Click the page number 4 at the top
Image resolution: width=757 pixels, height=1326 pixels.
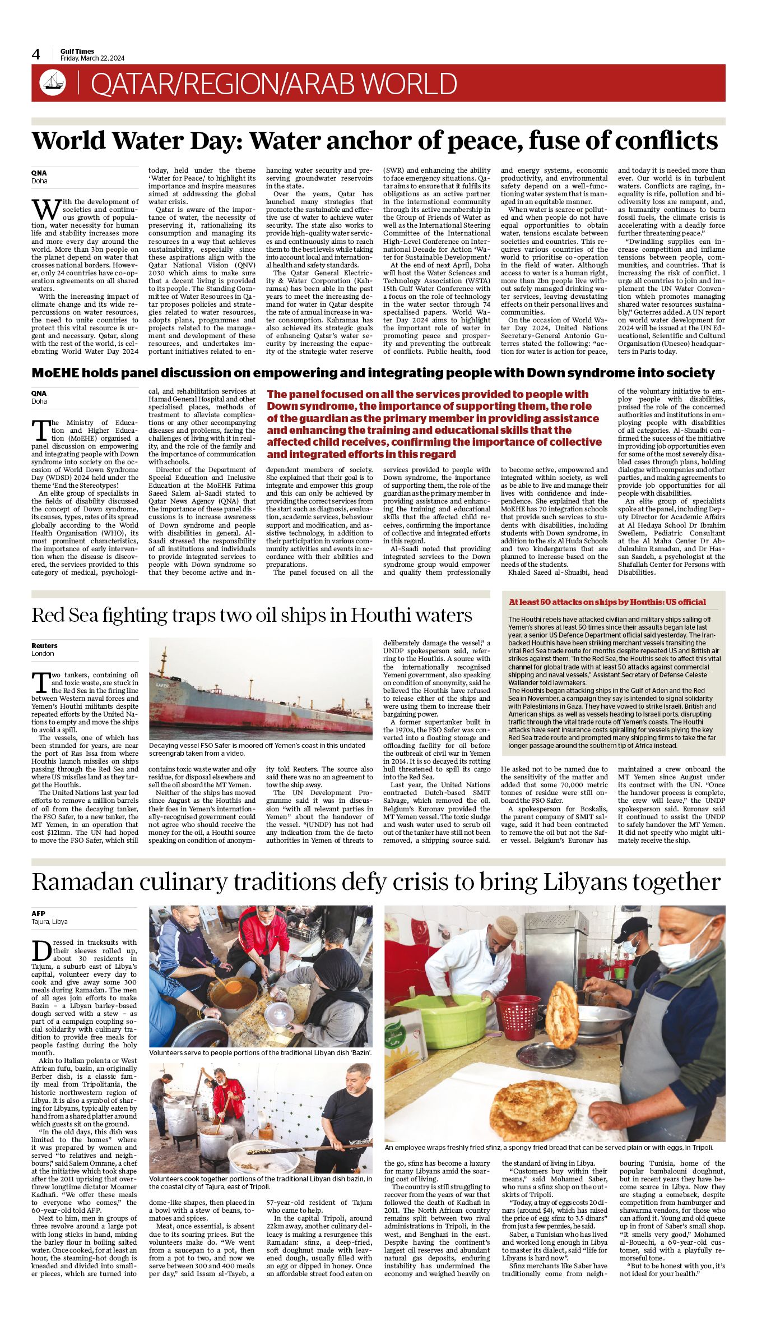pos(36,54)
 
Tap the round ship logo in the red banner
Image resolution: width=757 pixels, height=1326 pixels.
pos(53,83)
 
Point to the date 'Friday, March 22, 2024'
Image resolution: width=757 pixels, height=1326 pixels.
pos(92,58)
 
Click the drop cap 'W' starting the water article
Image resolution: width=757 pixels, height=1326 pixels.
pos(45,209)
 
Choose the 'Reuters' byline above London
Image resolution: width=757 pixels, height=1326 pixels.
pos(44,645)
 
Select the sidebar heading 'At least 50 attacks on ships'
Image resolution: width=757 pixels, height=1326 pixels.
pos(607,602)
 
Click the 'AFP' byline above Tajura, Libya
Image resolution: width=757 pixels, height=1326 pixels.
pos(38,913)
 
